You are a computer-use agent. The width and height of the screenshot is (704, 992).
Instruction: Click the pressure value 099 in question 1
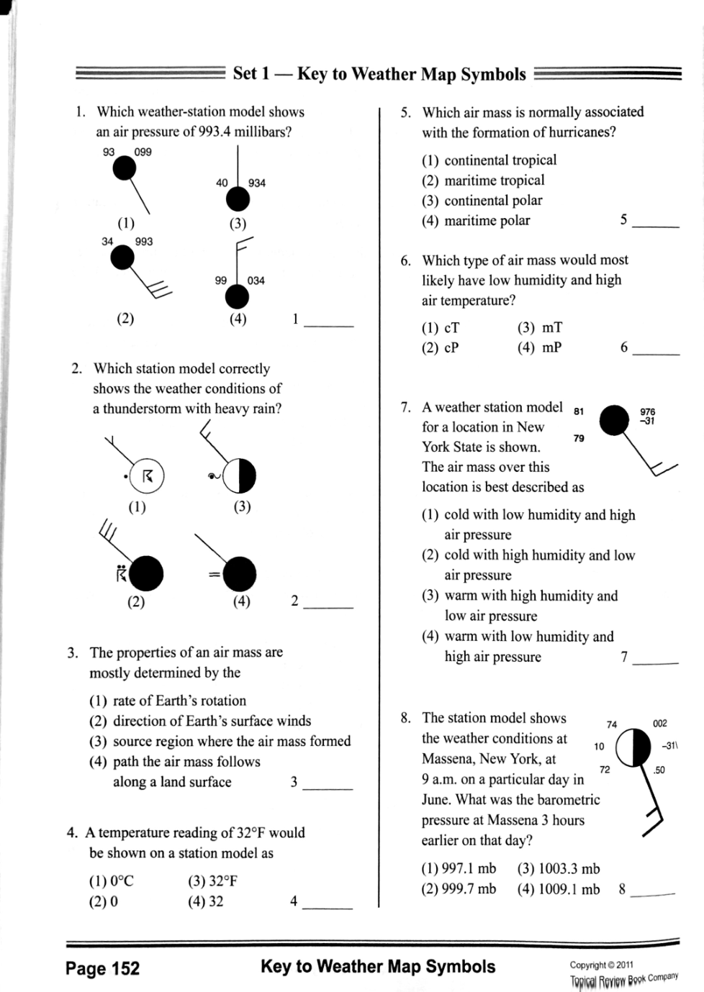(x=143, y=152)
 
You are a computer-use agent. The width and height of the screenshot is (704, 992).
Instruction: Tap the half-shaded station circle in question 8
(x=632, y=749)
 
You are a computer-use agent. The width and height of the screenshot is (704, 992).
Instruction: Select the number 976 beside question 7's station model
(x=647, y=411)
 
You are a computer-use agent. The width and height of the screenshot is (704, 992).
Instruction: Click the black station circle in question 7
(x=615, y=419)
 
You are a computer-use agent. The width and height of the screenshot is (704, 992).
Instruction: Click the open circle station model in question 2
(x=148, y=475)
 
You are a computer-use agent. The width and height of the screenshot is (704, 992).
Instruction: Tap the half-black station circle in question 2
(x=239, y=475)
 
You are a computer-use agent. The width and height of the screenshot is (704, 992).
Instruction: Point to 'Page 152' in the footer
(x=102, y=968)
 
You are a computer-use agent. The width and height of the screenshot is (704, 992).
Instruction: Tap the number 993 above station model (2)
(x=144, y=242)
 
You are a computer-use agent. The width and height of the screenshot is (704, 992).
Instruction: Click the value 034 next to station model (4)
(x=256, y=281)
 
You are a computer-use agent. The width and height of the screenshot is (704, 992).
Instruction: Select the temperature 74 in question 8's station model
(x=612, y=724)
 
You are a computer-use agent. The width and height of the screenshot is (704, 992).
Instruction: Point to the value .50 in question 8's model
(x=659, y=770)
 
